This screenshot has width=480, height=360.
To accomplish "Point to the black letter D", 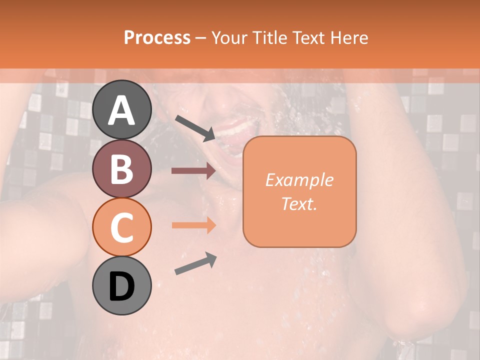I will click(x=122, y=286).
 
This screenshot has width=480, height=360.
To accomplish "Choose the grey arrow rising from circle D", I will click(x=195, y=263).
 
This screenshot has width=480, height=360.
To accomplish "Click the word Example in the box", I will click(x=299, y=180).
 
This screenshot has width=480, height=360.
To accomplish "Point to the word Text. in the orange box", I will click(x=299, y=203).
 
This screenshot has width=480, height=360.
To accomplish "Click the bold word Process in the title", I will click(x=157, y=37).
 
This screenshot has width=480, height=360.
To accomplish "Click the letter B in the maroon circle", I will click(x=122, y=169).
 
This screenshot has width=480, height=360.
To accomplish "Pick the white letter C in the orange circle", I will click(x=122, y=227).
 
